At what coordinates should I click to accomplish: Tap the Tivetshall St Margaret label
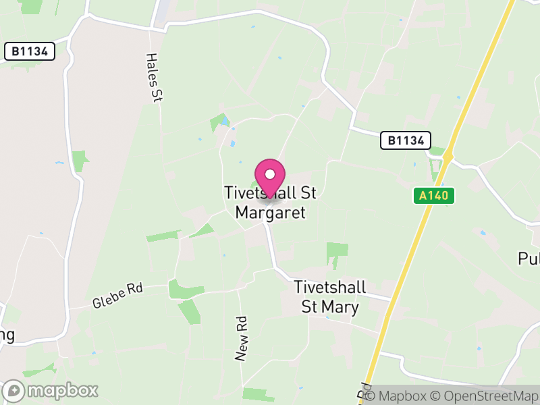(270, 203)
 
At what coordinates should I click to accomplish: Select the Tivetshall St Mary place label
(330, 296)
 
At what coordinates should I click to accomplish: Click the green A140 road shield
(434, 196)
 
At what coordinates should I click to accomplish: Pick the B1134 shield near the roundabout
(405, 140)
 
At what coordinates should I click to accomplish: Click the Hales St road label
(155, 78)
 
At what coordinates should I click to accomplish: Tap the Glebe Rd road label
(118, 296)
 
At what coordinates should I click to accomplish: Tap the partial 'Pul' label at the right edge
(529, 259)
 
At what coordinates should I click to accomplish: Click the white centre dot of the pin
(270, 173)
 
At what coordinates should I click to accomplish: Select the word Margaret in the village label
(270, 213)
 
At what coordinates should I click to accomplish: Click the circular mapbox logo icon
(15, 390)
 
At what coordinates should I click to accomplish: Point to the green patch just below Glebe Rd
(184, 289)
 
